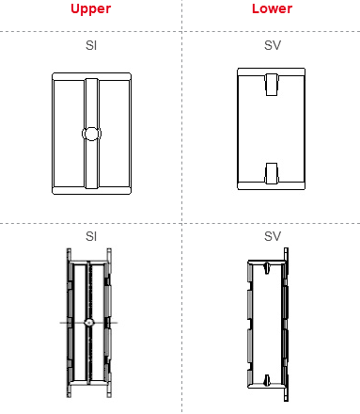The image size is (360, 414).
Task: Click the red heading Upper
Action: click(90, 8)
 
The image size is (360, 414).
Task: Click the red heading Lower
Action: click(272, 8)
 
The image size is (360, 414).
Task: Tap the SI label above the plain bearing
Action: click(91, 45)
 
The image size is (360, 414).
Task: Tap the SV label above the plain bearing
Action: click(273, 45)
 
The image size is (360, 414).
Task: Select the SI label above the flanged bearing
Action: click(91, 236)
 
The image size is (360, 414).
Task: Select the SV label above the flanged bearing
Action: click(273, 236)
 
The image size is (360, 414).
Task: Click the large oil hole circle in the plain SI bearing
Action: click(91, 134)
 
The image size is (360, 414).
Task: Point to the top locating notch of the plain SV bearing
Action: click(272, 85)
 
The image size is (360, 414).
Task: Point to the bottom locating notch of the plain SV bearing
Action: click(272, 173)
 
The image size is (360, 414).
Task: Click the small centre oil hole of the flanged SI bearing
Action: click(89, 323)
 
